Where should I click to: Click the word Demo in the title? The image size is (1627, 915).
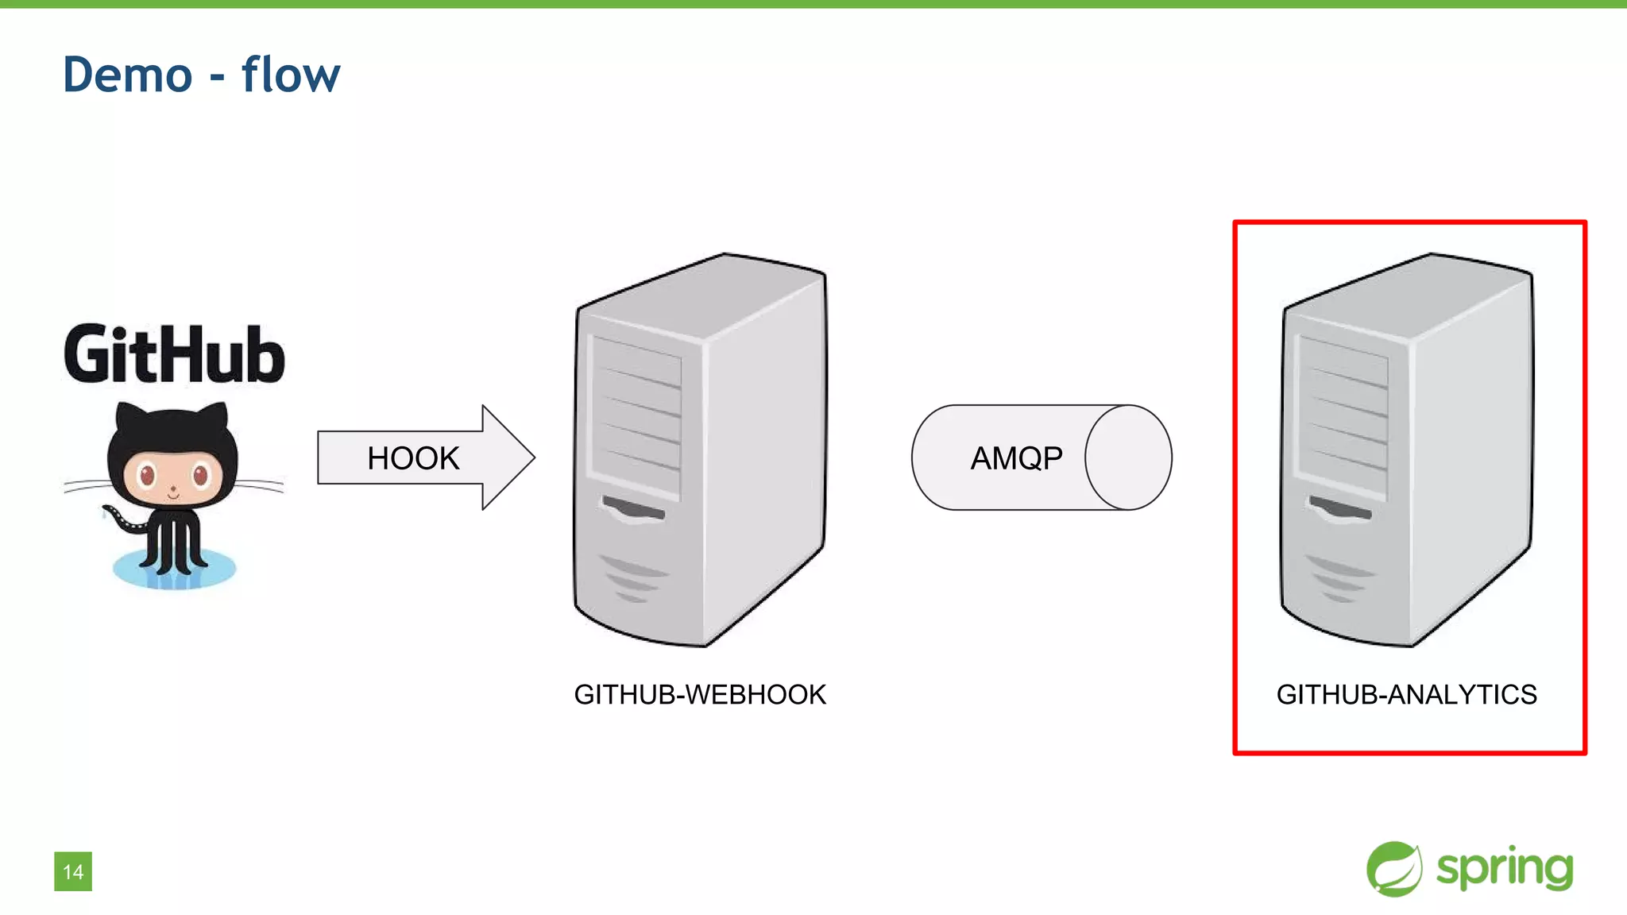127,75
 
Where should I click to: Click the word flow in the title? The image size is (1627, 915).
290,75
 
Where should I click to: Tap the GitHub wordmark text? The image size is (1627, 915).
174,354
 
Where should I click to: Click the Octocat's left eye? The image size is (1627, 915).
148,476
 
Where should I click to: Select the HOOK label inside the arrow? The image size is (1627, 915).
413,458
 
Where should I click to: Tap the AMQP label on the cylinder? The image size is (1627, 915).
1016,458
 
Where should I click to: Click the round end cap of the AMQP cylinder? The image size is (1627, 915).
1128,457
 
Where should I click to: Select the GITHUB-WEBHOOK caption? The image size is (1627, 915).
700,694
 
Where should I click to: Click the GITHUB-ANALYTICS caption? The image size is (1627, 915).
1406,694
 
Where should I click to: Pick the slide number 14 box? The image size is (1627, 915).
73,871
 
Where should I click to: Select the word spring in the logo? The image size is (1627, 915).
1504,869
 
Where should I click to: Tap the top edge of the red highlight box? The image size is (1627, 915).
1409,223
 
